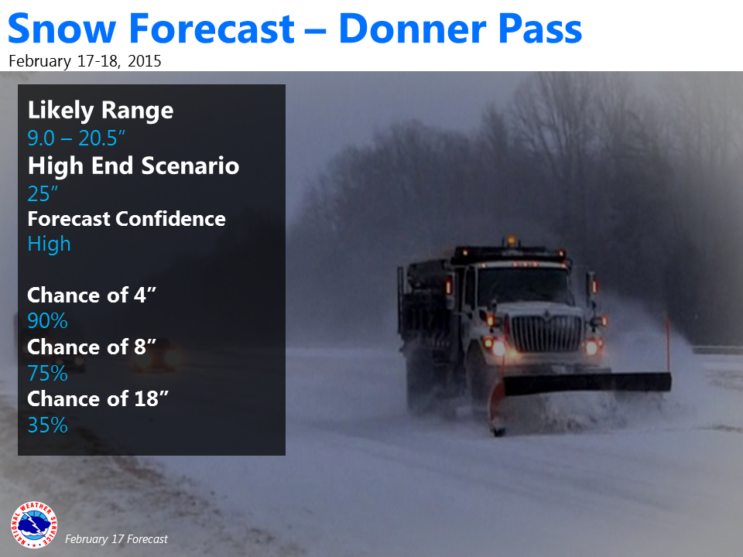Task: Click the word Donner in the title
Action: click(x=413, y=29)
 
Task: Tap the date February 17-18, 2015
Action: click(x=85, y=61)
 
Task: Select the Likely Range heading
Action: click(x=101, y=111)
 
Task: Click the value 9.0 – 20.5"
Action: click(x=77, y=138)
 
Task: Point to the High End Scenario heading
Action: click(x=133, y=166)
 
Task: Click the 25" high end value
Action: click(x=43, y=193)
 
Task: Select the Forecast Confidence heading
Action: click(x=126, y=219)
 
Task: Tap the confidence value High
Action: click(x=49, y=244)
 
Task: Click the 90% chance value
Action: click(x=47, y=320)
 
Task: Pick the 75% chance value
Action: click(x=47, y=373)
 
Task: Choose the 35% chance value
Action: click(x=47, y=425)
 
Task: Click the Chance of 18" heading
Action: click(x=98, y=399)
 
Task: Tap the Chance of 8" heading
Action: click(x=91, y=347)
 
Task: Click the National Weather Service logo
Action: click(x=33, y=525)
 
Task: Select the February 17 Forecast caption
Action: click(x=116, y=539)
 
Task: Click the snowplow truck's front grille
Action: click(x=547, y=333)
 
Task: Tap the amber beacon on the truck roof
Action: click(x=511, y=241)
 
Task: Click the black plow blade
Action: click(x=587, y=383)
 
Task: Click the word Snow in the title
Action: click(x=62, y=29)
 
